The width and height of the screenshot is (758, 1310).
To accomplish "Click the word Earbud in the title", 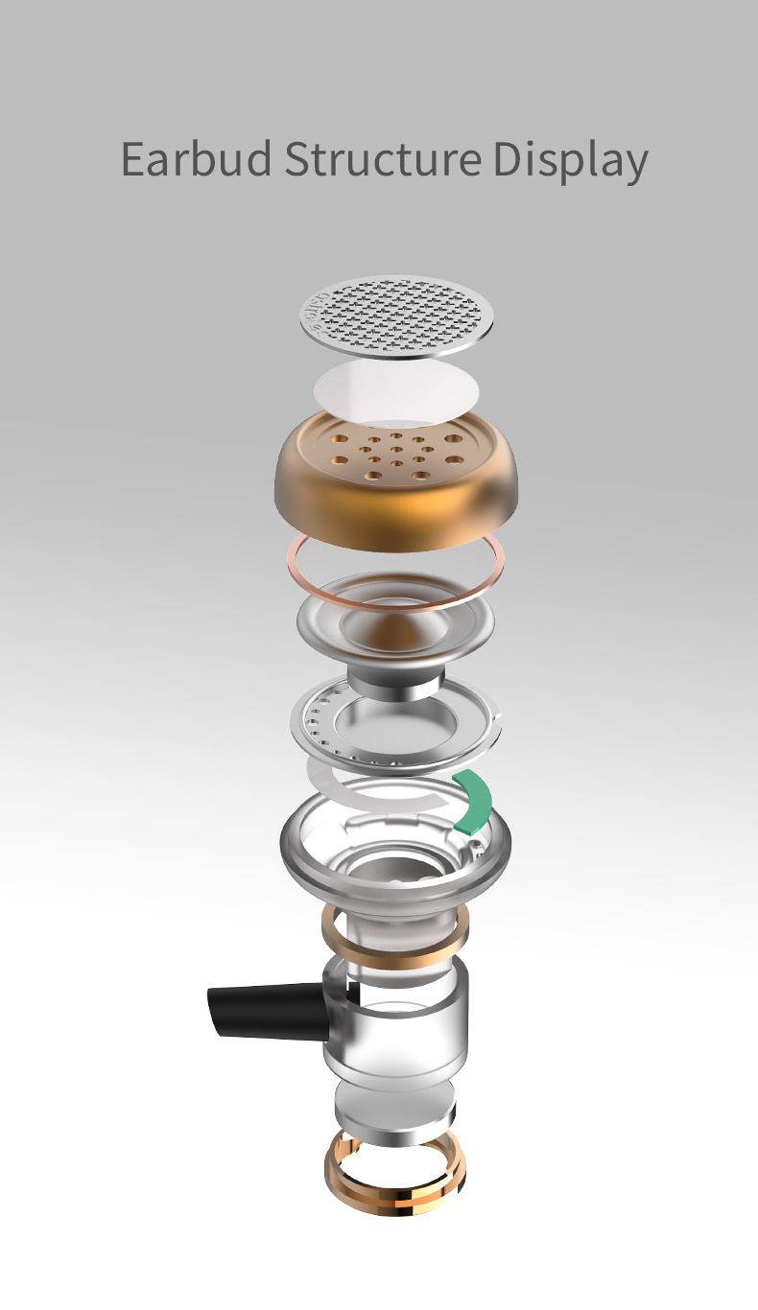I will click(x=197, y=159).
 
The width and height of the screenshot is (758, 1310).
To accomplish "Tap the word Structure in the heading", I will click(x=381, y=159).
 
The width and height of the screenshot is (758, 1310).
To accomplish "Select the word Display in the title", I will click(x=570, y=161).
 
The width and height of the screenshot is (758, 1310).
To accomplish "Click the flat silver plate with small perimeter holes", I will click(x=317, y=729).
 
